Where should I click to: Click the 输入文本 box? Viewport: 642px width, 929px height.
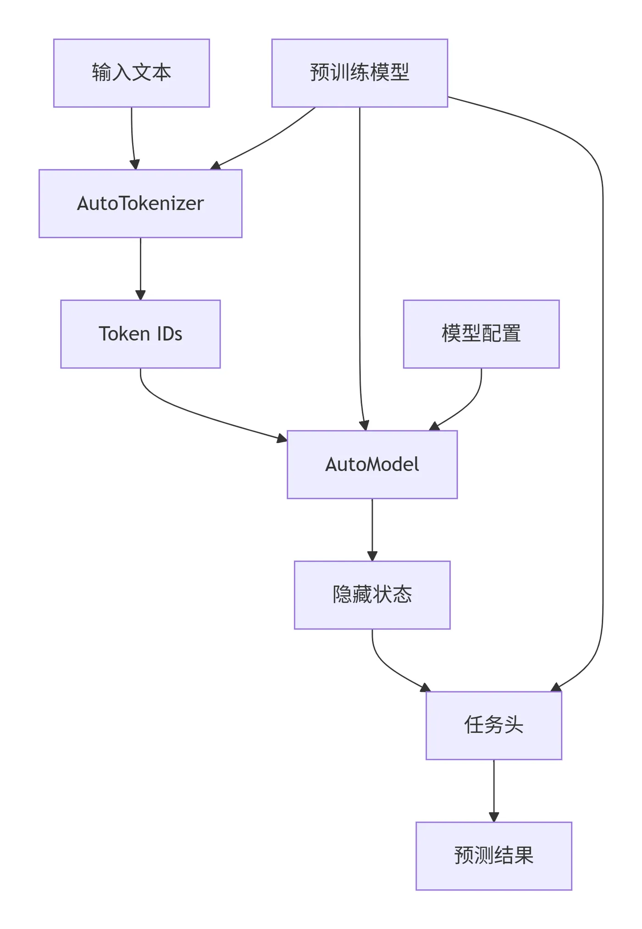(132, 73)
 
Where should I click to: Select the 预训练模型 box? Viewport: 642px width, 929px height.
(360, 73)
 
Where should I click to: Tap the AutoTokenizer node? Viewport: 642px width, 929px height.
(140, 203)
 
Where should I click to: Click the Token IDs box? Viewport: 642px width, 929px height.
(140, 334)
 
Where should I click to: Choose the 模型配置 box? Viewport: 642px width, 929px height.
(481, 334)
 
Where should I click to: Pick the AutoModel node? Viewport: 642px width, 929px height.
(372, 464)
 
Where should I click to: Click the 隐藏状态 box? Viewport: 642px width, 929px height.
(372, 594)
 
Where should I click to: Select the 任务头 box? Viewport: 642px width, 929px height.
(493, 725)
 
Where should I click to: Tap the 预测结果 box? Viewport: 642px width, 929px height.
(493, 856)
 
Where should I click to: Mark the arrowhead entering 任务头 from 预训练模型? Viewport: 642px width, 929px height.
(557, 687)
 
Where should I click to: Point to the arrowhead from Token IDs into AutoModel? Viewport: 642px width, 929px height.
(282, 438)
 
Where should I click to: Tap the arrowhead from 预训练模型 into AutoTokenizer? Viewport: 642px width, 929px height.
(216, 166)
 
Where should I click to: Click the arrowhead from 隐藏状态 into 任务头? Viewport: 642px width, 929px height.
(425, 688)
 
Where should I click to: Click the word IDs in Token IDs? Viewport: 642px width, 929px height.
(169, 334)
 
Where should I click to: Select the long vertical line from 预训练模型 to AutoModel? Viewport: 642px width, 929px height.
(360, 266)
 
